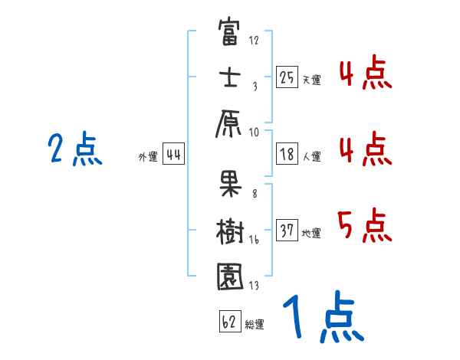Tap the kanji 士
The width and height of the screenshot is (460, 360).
point(230,80)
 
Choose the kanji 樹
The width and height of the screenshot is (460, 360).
point(230,227)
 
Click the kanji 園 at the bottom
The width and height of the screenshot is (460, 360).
point(230,277)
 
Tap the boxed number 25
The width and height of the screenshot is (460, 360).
point(287,77)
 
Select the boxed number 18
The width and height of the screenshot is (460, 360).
point(287,155)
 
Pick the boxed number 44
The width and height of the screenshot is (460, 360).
point(173,155)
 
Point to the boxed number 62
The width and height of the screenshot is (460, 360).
point(229,322)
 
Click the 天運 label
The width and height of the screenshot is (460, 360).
point(311,80)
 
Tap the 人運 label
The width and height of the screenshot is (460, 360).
point(311,157)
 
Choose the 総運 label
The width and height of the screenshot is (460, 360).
point(255,324)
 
